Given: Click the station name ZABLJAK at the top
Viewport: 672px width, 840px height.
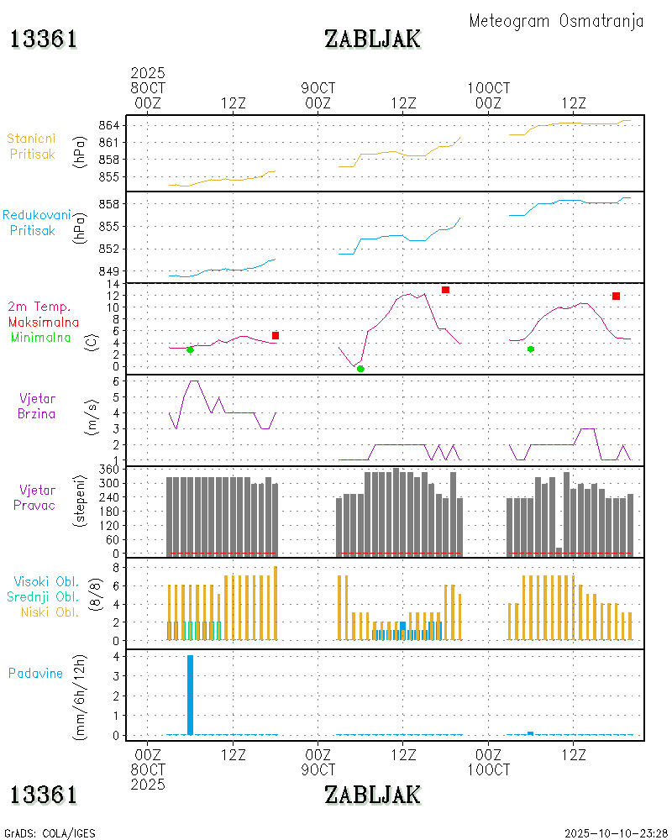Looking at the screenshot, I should pos(372,39).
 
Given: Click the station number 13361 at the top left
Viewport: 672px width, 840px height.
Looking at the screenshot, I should pos(44,39).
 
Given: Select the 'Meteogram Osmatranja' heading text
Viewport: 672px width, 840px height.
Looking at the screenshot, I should pos(556,21).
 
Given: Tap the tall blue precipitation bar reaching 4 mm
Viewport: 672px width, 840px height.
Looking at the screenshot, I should pos(190,694).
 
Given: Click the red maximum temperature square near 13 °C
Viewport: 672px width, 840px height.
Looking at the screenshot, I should pos(445,290).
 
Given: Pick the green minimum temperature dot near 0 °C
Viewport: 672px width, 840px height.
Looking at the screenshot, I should pos(360,369).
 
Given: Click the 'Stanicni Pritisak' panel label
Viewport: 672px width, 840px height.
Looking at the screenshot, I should pos(33,145).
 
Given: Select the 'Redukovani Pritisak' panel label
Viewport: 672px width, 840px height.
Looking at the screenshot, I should pos(36,222).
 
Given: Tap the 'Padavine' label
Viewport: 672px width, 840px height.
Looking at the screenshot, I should pos(35,673).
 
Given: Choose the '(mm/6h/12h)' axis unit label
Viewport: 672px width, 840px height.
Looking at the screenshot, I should pos(81,694).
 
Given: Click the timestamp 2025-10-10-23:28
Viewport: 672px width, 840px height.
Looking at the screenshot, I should pos(616,832).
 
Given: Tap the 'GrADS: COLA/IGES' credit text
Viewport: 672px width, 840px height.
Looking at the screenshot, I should pos(50,832).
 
